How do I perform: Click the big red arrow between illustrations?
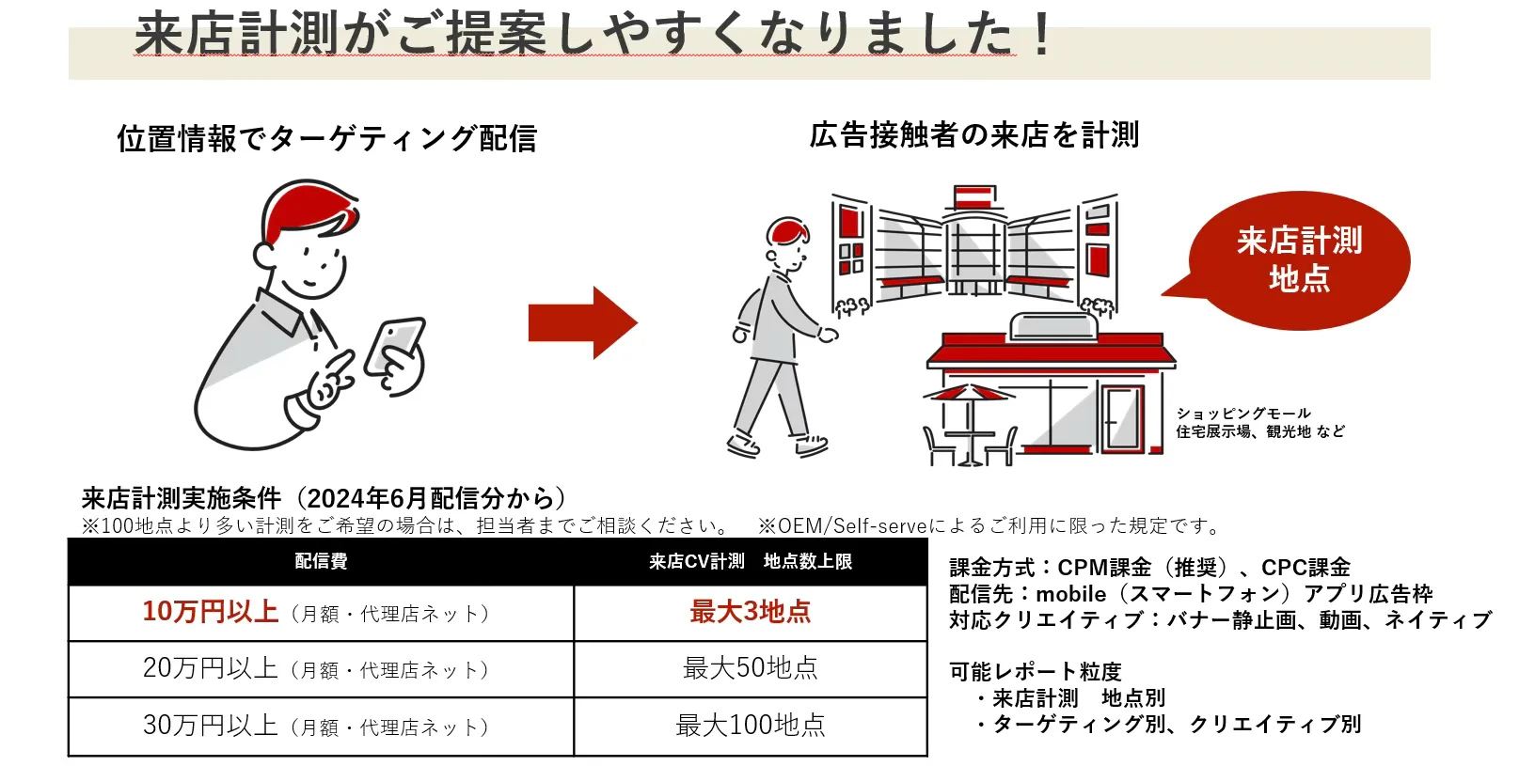(x=583, y=323)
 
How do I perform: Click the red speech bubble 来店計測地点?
(x=1299, y=260)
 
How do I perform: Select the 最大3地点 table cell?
(x=750, y=612)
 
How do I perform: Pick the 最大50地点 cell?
(x=750, y=668)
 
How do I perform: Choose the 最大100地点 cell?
(x=750, y=726)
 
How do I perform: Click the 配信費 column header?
(x=321, y=561)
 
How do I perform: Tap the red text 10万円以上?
(x=210, y=612)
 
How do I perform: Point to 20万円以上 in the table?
(x=210, y=668)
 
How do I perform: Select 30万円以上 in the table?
(x=210, y=726)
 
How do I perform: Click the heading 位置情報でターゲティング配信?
(x=326, y=139)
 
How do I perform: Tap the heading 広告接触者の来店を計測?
(x=973, y=135)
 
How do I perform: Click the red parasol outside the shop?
(x=968, y=393)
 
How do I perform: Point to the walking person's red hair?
(x=787, y=230)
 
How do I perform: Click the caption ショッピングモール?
(x=1242, y=414)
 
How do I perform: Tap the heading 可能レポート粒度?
(x=1035, y=672)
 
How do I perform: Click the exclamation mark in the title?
(x=1040, y=36)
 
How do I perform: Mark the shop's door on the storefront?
(x=1120, y=417)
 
